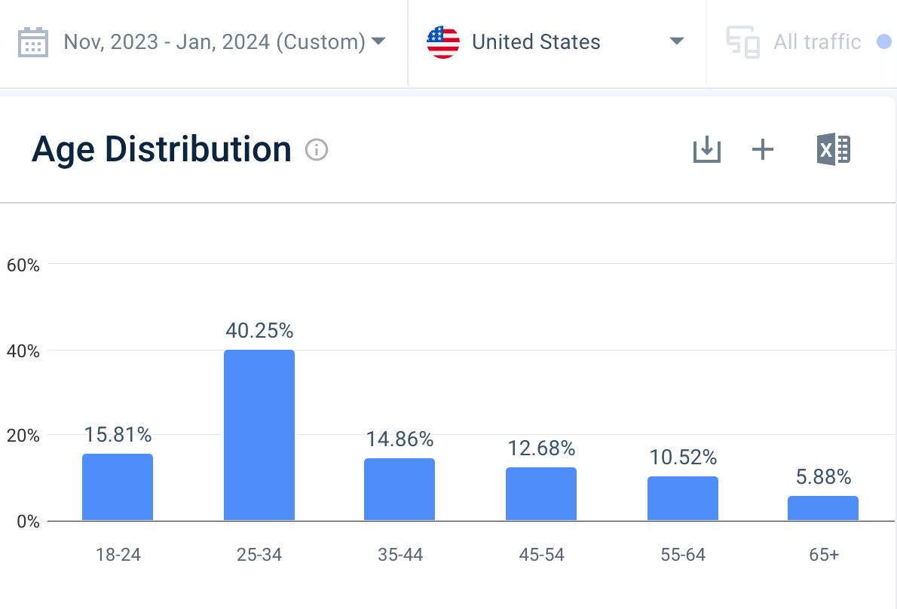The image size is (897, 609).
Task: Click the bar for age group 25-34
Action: coord(259,435)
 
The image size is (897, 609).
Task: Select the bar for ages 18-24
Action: coord(118,487)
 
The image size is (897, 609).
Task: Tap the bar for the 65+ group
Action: coord(823,508)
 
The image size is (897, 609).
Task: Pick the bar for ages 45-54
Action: coord(541,494)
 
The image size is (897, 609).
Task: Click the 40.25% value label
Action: coord(259,331)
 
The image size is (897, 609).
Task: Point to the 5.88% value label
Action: coord(823,477)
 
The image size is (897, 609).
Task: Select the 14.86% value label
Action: coord(400,439)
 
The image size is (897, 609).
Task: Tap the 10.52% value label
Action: coord(683,458)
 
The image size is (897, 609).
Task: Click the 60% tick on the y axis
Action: coord(23,265)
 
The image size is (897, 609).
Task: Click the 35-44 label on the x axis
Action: coord(400,555)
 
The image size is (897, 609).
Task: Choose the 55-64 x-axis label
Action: coord(683,555)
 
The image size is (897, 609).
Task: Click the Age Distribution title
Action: coord(161,149)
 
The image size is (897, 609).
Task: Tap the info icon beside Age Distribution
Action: coord(317,150)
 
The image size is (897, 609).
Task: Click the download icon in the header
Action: coord(707,150)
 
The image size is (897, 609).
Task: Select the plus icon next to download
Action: coord(763,150)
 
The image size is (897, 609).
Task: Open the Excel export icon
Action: coord(833,150)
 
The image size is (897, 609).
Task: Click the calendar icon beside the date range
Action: coord(33,42)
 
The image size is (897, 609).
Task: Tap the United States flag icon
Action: coord(443,42)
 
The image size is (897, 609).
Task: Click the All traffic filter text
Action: coord(817,42)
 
